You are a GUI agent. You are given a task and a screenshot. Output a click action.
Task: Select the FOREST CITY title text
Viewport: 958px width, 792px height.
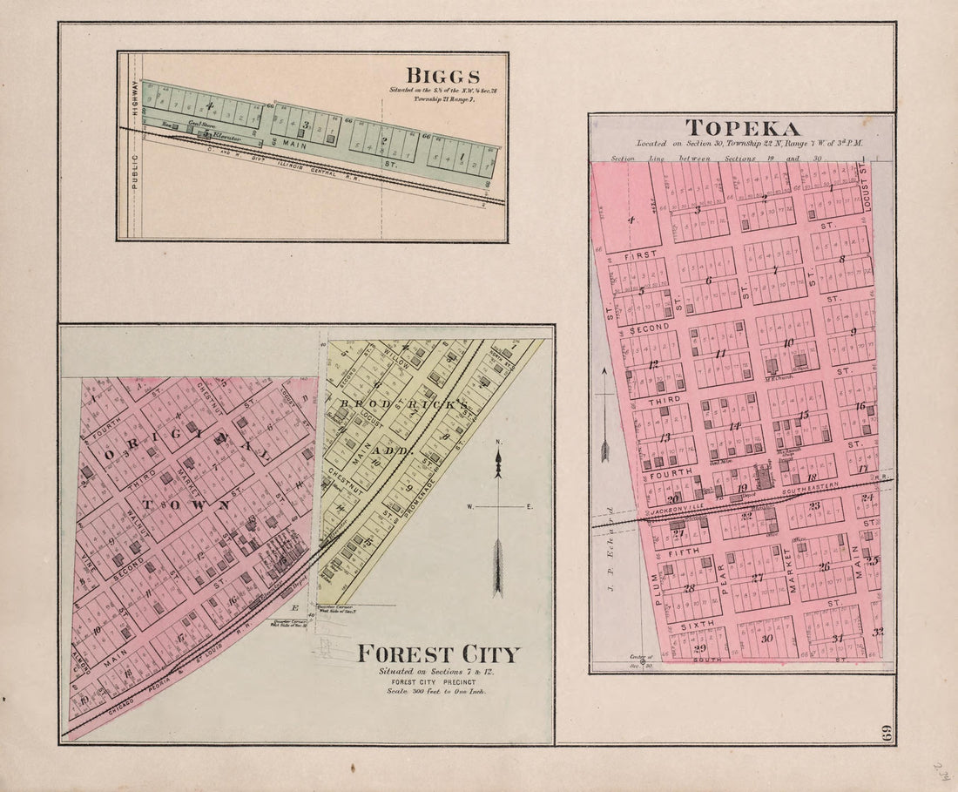(x=438, y=653)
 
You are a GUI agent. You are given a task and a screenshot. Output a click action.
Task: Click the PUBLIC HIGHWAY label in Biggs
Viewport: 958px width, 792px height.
(x=135, y=144)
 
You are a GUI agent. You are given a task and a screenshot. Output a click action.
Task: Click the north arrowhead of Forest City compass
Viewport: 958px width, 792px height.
(x=498, y=466)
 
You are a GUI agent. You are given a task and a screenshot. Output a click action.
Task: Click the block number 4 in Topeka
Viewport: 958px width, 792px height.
(x=631, y=220)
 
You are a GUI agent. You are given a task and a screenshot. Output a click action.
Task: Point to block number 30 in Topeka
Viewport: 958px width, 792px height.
(x=766, y=639)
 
